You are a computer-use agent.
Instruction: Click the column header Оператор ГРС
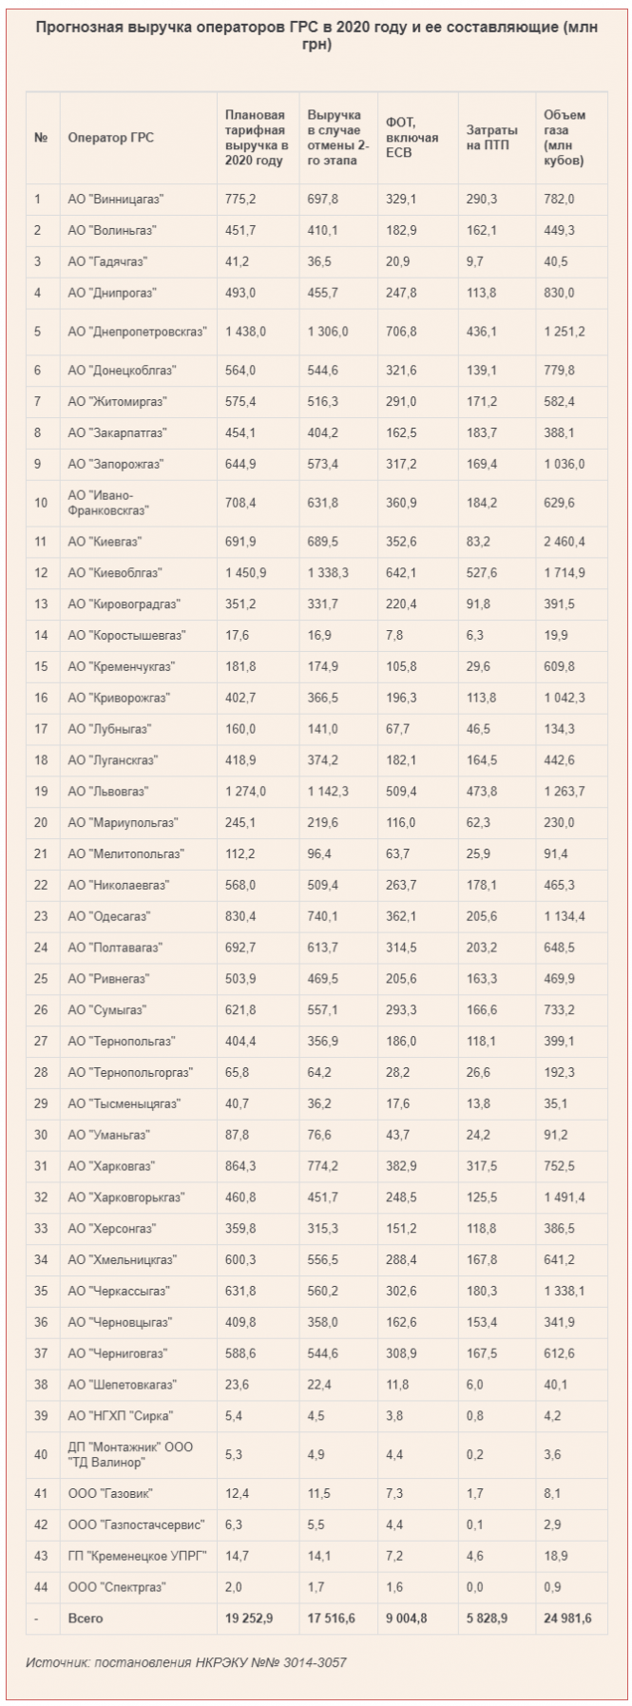pos(110,138)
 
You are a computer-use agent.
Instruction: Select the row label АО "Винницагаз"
pos(116,200)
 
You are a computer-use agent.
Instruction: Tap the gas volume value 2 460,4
pos(565,542)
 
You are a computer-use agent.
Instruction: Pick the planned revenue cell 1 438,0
pos(244,331)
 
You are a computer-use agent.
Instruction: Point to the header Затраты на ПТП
pos(491,138)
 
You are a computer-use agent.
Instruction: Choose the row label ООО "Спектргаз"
pos(117,1587)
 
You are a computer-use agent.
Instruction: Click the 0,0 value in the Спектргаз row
pos(474,1587)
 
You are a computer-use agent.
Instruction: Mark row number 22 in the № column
pos(40,886)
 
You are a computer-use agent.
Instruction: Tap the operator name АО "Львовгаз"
pos(108,792)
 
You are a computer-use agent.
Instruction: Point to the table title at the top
pos(316,37)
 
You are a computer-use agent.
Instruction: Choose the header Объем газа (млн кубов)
pos(565,138)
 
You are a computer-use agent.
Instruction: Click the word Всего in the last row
pos(86,1619)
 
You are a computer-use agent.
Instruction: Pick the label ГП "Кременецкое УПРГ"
pos(137,1557)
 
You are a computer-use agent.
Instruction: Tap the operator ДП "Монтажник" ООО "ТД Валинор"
pos(130,1455)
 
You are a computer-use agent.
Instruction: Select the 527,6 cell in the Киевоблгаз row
pos(482,573)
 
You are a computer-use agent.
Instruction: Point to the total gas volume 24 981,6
pos(567,1619)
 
